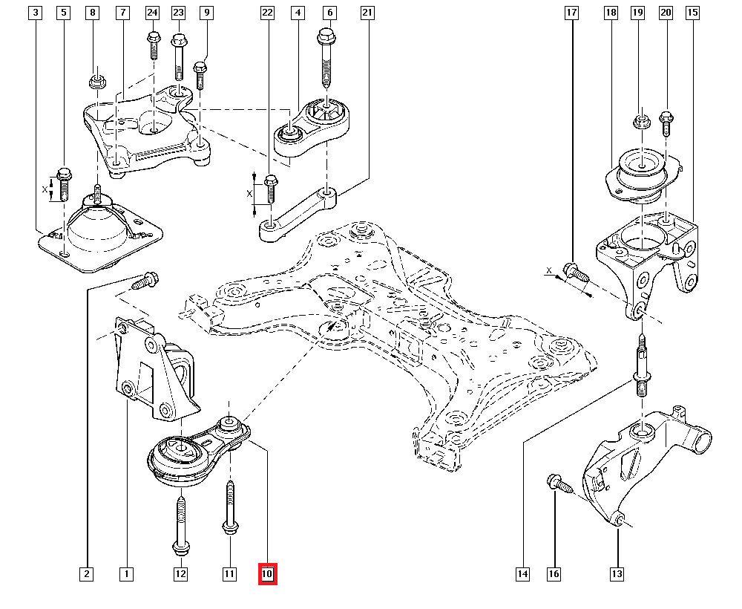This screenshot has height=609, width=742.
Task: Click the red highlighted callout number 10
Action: point(267,574)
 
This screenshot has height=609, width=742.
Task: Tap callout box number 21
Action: point(366,13)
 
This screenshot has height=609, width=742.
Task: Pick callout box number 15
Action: point(692,13)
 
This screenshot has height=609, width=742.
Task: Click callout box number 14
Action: point(523,574)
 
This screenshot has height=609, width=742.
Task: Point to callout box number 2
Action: point(87,574)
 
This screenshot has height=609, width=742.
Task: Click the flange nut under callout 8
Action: point(95,81)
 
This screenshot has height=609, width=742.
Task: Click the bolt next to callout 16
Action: point(558,484)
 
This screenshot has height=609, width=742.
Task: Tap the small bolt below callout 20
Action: point(666,123)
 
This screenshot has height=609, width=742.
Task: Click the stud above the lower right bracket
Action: point(640,368)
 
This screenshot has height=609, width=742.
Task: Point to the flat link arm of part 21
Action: point(297,215)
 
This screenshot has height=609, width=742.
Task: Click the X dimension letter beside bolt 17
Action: point(550,271)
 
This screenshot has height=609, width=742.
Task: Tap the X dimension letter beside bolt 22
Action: point(251,193)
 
